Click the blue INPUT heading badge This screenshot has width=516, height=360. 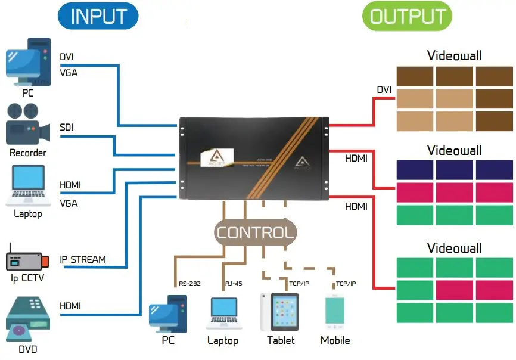98,17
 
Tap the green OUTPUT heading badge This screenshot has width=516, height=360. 408,17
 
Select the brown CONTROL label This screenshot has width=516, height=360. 256,232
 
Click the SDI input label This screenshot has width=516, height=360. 67,128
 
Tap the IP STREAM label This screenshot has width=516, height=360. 83,260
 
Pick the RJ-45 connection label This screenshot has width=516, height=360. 234,284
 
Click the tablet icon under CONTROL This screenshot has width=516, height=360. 279,312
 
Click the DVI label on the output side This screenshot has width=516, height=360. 384,90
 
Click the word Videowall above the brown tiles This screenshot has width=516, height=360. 455,56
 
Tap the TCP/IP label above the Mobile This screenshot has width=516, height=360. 346,284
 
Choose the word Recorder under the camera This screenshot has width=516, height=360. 27,153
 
